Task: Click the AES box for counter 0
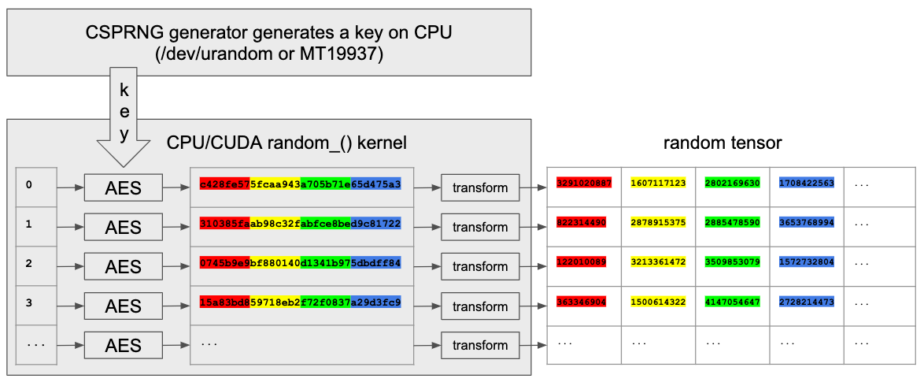pos(123,187)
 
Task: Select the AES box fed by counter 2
pos(123,266)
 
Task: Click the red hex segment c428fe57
pos(225,184)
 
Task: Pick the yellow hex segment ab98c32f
pos(275,223)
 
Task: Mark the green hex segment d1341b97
pos(326,262)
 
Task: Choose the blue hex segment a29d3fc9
pos(376,302)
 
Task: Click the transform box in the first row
pos(480,187)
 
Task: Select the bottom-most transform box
pos(480,345)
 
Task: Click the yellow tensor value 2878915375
pos(659,222)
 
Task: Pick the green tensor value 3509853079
pos(733,261)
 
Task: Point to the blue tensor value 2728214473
pos(807,301)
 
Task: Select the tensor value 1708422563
pos(807,183)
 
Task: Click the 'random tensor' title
pos(722,143)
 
